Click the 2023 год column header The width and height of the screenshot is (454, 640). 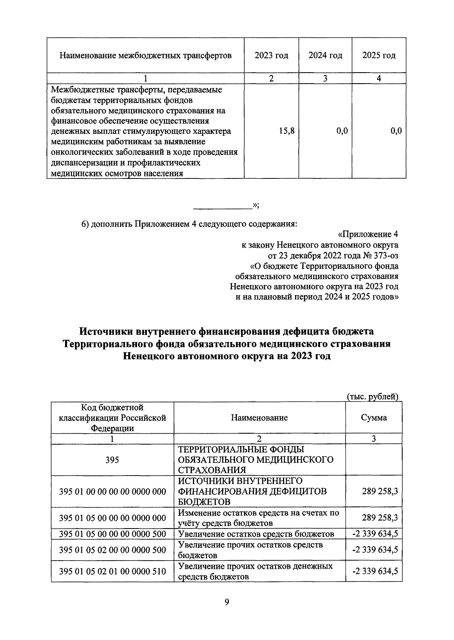271,56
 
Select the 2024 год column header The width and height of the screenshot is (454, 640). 325,56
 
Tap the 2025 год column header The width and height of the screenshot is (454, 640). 379,56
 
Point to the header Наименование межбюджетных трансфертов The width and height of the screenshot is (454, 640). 145,56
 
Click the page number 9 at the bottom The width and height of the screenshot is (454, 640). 227,602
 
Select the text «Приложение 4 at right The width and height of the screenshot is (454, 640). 367,234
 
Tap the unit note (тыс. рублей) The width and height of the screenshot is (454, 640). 373,397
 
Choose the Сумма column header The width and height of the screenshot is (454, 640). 373,418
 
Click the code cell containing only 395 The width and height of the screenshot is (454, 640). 112,460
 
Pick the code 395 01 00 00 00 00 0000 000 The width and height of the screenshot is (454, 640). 112,491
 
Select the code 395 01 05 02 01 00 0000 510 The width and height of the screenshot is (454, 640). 112,571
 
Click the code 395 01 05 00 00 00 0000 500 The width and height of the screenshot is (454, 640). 112,534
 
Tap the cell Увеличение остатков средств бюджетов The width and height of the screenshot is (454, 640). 256,534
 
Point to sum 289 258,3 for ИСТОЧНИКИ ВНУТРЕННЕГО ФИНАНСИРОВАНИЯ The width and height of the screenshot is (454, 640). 379,491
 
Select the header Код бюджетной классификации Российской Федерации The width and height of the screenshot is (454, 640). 112,418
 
